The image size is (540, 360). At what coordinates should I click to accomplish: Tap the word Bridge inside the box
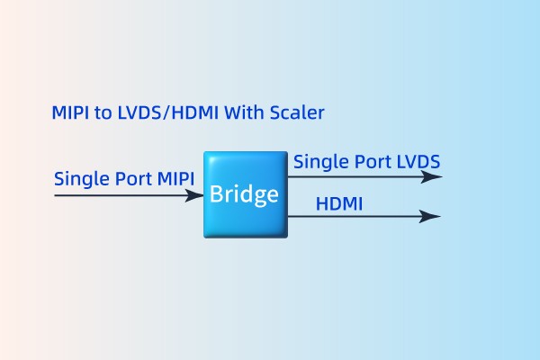(244, 193)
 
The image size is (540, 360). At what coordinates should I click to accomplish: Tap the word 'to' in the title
(103, 113)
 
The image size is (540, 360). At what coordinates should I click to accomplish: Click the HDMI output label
(339, 204)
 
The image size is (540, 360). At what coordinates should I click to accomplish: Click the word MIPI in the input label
(175, 177)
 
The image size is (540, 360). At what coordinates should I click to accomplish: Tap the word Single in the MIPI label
(78, 177)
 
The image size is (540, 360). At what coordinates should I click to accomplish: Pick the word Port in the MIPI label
(130, 178)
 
